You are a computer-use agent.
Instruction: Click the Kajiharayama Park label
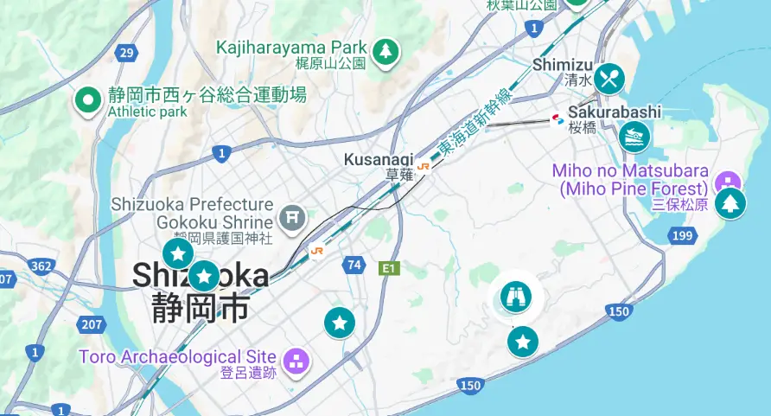tap(291, 47)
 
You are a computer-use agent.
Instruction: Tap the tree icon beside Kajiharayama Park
tap(385, 52)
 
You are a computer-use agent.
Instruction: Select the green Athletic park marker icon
tap(87, 101)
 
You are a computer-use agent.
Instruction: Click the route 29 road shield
tap(127, 53)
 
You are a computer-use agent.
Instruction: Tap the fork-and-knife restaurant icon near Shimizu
tap(609, 80)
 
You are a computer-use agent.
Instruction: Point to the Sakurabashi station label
tap(614, 112)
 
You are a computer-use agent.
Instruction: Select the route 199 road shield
tap(683, 235)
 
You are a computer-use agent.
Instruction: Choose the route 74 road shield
tap(353, 265)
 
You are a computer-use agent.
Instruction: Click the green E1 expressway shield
tap(390, 268)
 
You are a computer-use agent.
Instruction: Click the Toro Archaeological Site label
tap(177, 356)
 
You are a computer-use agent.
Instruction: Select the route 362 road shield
tap(41, 266)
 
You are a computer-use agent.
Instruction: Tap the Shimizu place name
tap(563, 65)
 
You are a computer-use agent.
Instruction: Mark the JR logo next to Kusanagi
tap(423, 167)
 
